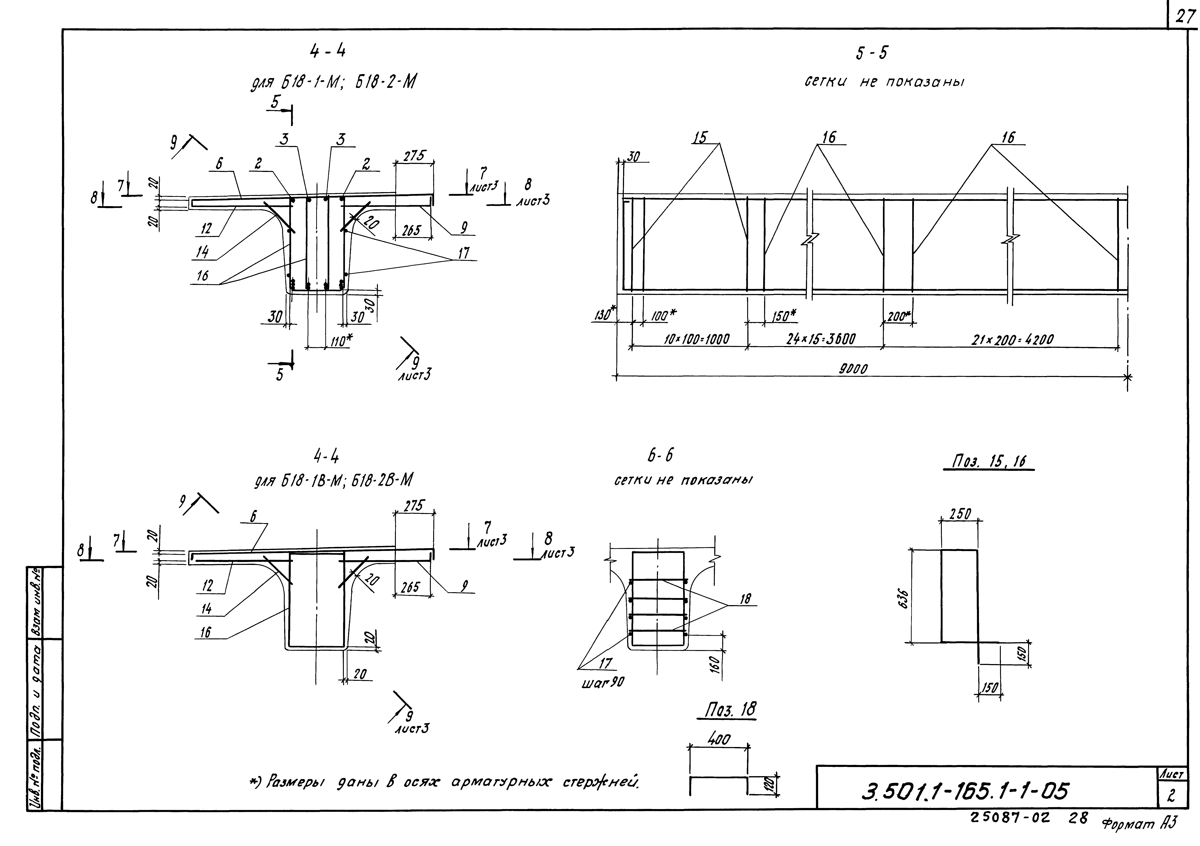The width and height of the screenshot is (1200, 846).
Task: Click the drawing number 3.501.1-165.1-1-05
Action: point(964,791)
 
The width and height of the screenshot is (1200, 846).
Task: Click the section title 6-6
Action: point(660,456)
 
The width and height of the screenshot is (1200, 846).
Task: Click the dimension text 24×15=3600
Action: point(821,340)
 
